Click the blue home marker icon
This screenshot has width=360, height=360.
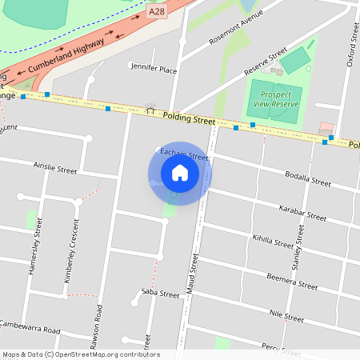(x=180, y=172)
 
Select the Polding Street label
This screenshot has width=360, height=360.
(x=190, y=118)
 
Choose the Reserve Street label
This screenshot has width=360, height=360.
(x=267, y=61)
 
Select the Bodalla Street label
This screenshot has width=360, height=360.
(x=308, y=179)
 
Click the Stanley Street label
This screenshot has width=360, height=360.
(x=298, y=246)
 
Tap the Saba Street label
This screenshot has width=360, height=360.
(x=160, y=294)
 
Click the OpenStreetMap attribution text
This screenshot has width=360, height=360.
(x=80, y=354)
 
